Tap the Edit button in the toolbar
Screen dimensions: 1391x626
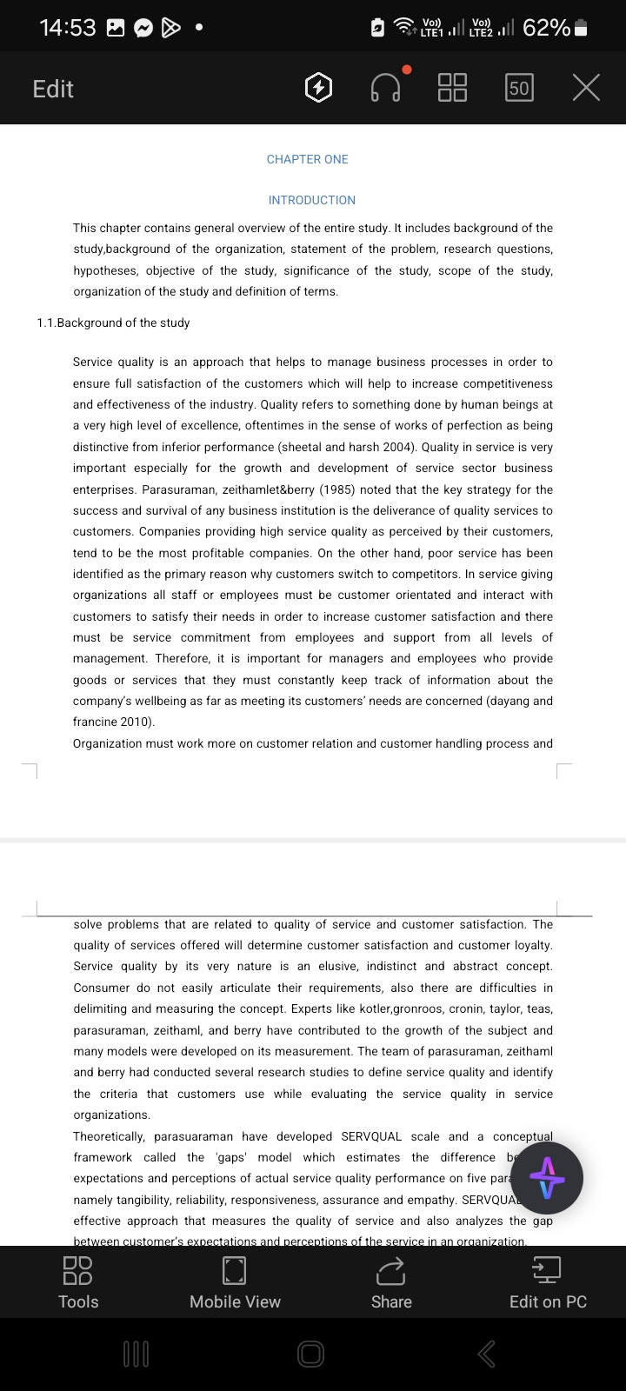[x=53, y=89]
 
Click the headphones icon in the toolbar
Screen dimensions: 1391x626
[x=385, y=88]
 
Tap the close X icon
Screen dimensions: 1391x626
[x=586, y=88]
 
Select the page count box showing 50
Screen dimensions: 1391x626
[x=519, y=88]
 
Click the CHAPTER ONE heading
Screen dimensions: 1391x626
[x=307, y=159]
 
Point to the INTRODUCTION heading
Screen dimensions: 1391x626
[x=311, y=200]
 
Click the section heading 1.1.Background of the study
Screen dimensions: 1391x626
[x=113, y=323]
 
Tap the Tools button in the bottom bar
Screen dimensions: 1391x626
[x=78, y=1282]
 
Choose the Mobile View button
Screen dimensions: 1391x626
[x=235, y=1282]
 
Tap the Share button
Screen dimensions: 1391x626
[x=391, y=1282]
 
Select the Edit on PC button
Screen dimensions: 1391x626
[x=548, y=1282]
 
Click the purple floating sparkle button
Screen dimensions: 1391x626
[x=547, y=1178]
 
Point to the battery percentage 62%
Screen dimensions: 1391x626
[x=547, y=28]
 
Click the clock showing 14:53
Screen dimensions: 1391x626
[x=68, y=28]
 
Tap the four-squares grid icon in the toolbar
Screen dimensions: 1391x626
[x=452, y=88]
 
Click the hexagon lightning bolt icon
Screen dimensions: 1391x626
[x=318, y=88]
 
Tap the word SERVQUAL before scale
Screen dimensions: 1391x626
[x=371, y=1136]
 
